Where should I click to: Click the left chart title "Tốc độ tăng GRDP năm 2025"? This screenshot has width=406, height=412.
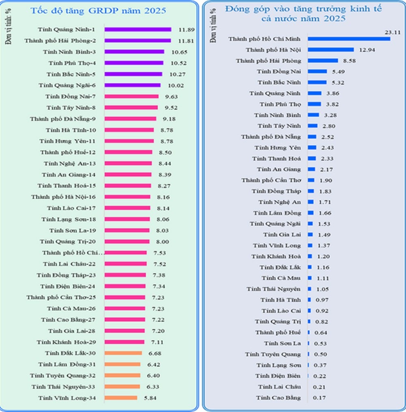[x=98, y=11]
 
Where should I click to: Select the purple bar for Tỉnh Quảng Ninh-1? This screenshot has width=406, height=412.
[x=138, y=29]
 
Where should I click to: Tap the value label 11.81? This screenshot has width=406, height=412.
[x=186, y=41]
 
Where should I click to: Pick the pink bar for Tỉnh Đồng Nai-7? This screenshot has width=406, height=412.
[x=132, y=96]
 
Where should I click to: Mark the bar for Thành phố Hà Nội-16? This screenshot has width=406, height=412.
[x=127, y=197]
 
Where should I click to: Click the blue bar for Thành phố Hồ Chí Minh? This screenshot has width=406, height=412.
[x=349, y=39]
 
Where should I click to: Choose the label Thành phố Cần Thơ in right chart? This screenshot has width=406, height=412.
[x=271, y=180]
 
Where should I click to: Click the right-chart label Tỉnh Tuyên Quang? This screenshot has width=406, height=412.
[x=273, y=354]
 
